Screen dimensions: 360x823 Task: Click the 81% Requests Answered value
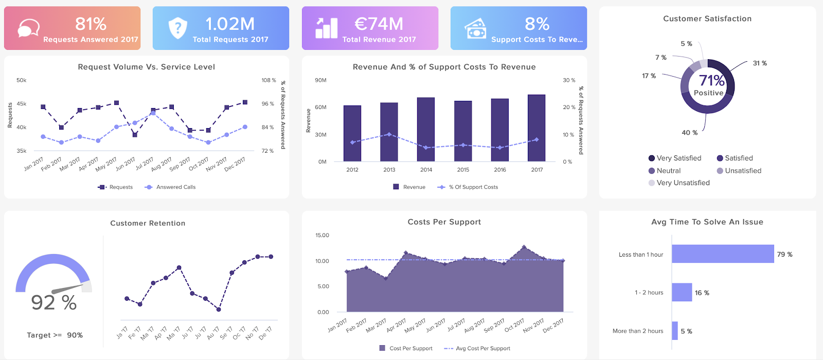coord(91,24)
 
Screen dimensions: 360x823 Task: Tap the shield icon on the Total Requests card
coord(177,28)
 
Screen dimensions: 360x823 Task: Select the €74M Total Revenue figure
coord(379,24)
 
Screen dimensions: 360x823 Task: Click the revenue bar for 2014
coord(426,129)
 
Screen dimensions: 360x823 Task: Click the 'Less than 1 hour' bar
coord(723,254)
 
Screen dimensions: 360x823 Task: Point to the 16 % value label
coord(702,293)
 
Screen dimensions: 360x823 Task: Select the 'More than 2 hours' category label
coord(638,331)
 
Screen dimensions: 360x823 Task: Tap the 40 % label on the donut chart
coord(690,133)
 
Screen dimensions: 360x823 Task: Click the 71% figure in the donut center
coord(711,81)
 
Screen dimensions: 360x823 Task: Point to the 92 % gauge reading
coord(54,302)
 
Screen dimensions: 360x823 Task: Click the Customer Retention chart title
coord(148,223)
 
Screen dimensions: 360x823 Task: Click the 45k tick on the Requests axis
coord(22,104)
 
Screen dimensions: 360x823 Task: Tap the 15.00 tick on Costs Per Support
coord(322,236)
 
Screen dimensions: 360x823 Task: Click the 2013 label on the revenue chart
coord(389,170)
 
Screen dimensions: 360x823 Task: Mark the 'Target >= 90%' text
coord(55,335)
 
